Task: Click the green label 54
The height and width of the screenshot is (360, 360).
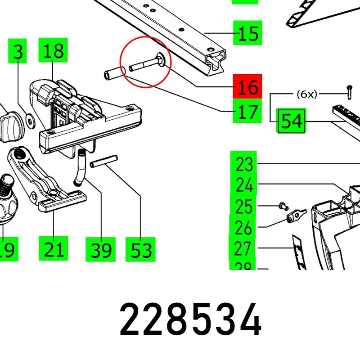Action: point(292,121)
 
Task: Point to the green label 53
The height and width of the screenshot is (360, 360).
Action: point(141,249)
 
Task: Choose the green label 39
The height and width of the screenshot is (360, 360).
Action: point(101,249)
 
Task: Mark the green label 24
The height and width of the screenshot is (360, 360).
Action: point(244,185)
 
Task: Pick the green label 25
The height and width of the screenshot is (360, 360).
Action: point(243,207)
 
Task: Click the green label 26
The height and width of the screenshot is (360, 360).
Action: point(243,228)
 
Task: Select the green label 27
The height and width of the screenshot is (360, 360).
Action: point(243,248)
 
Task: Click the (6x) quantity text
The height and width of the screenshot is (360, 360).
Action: point(307,94)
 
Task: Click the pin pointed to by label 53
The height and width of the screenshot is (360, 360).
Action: point(104,161)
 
